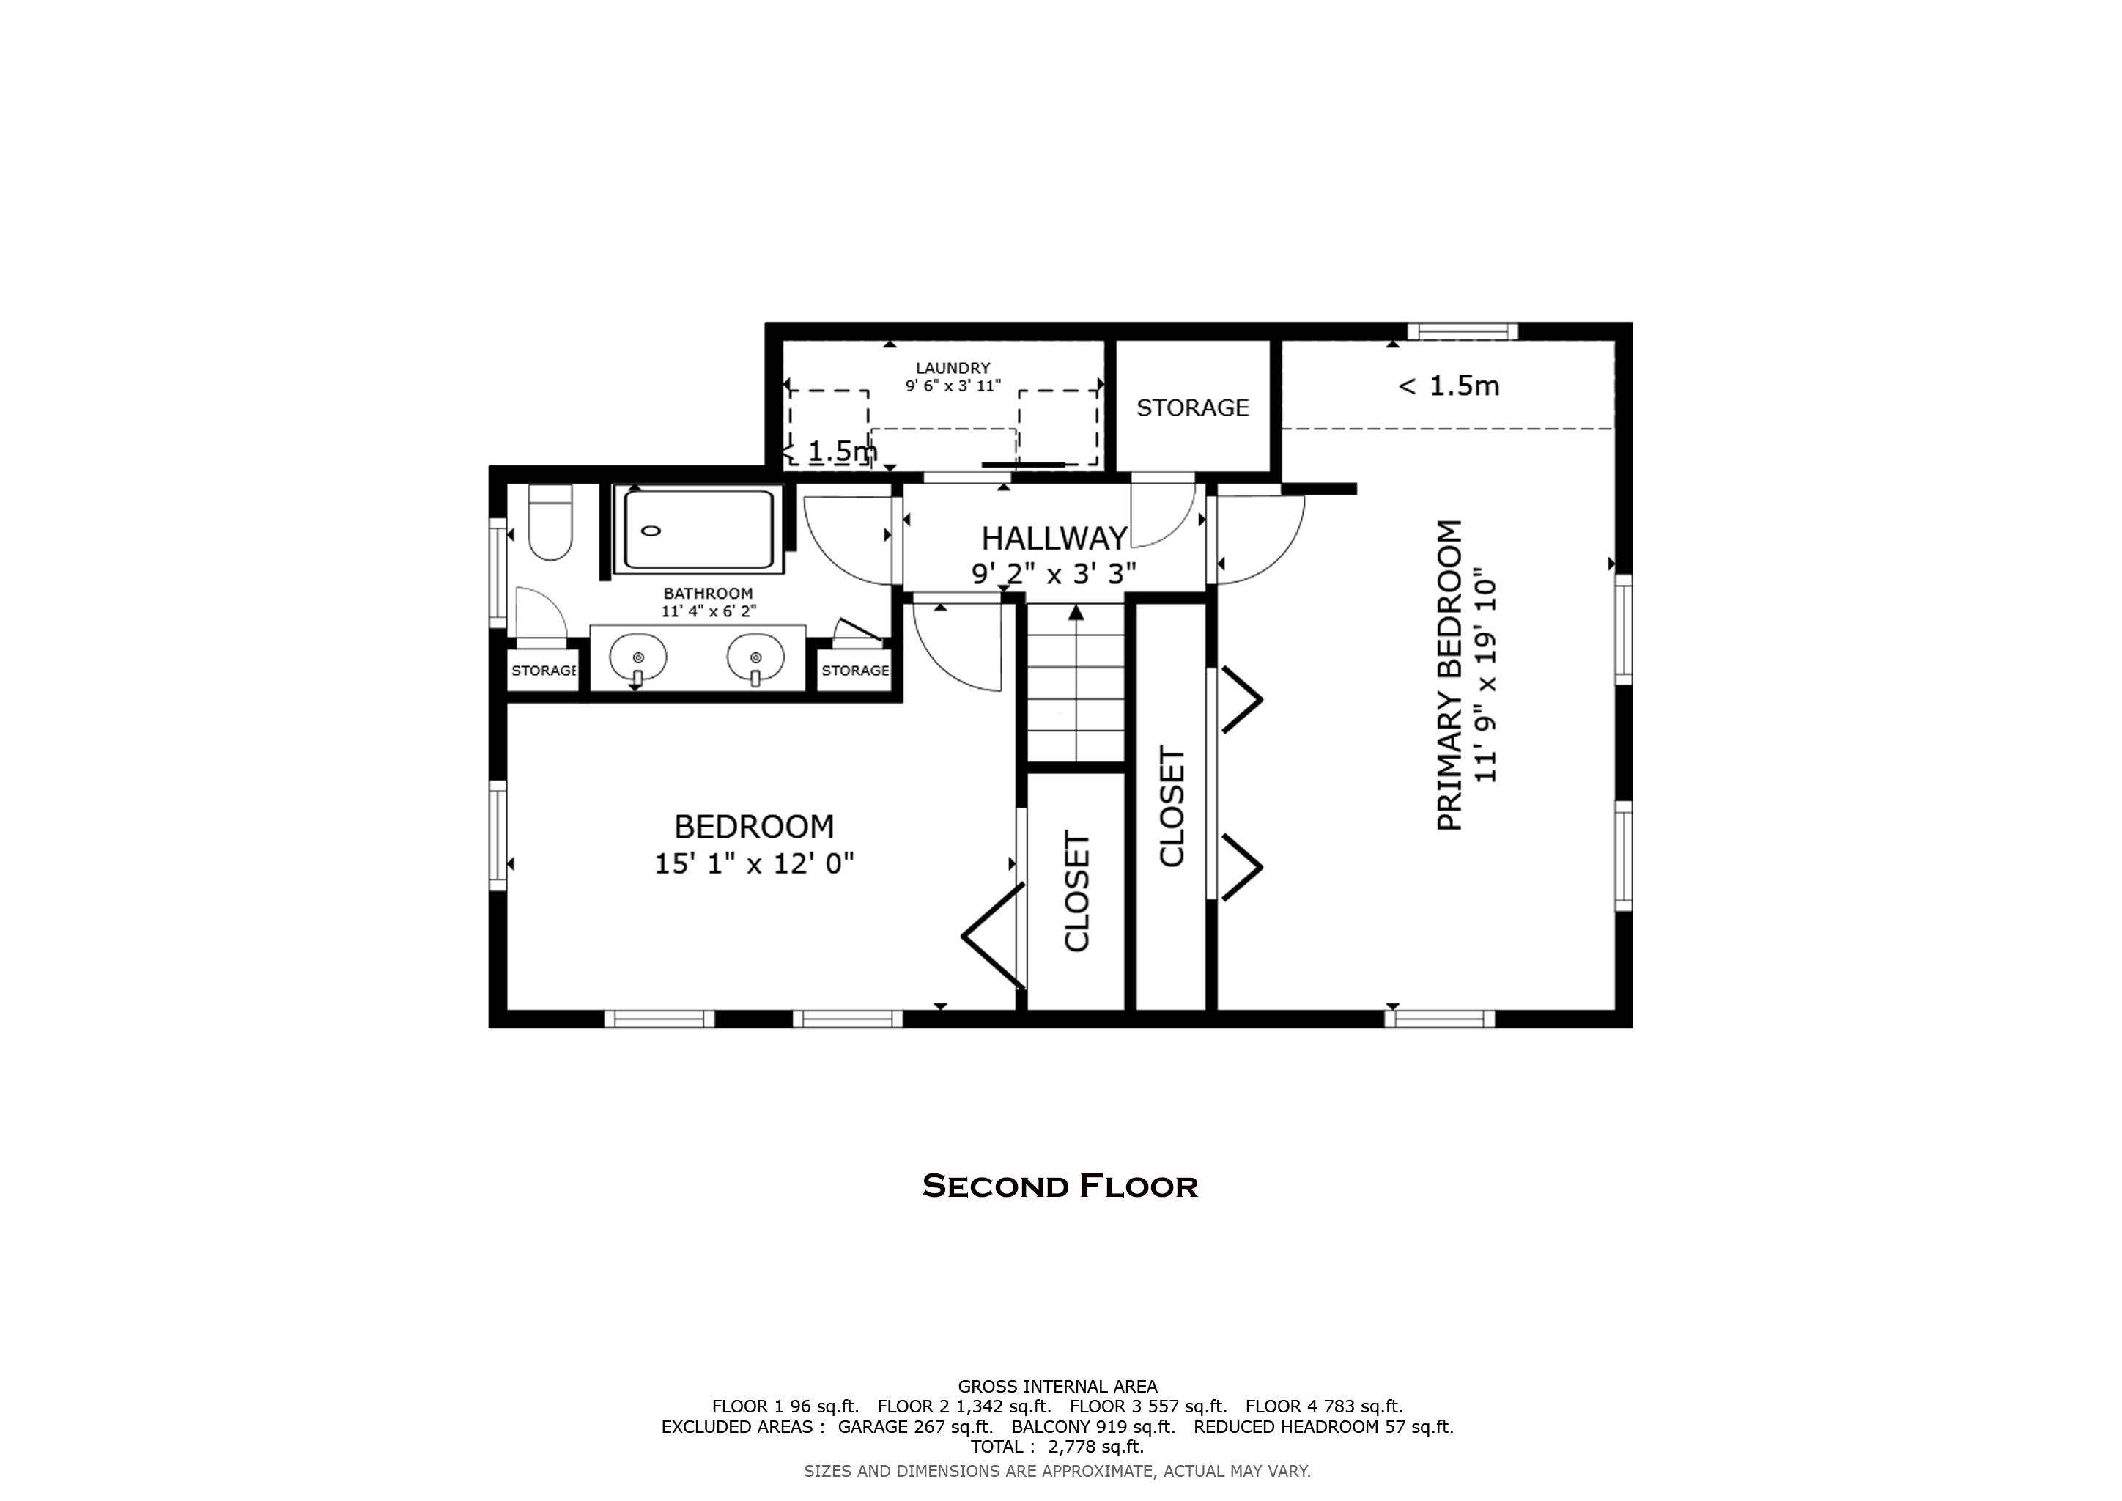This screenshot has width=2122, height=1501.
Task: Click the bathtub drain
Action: tap(651, 531)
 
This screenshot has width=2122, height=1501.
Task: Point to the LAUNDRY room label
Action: tap(953, 368)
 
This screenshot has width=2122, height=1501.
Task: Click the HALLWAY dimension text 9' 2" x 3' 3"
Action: tap(1053, 574)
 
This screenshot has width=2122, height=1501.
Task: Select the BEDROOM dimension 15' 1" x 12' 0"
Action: tap(754, 863)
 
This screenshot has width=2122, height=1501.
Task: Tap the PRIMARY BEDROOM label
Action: tap(1449, 675)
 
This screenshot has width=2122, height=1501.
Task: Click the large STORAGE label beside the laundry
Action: tap(1192, 407)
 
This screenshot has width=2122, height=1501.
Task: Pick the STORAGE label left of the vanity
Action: tap(544, 670)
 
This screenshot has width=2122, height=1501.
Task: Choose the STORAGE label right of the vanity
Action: tap(855, 670)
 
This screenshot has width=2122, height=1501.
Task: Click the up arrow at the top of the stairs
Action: tap(1076, 612)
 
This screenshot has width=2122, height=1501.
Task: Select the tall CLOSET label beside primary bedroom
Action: tap(1171, 807)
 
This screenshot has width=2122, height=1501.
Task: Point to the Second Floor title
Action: tap(1060, 1186)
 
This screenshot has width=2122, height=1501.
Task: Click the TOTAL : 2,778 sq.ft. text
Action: tap(1057, 1447)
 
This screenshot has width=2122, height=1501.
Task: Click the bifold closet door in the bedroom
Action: tap(994, 935)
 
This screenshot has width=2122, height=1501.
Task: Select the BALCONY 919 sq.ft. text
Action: tap(1093, 1426)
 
